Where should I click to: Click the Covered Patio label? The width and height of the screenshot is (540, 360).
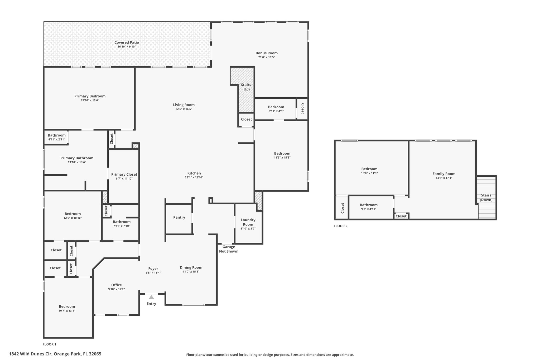(127, 42)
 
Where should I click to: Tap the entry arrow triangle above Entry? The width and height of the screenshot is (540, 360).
(151, 297)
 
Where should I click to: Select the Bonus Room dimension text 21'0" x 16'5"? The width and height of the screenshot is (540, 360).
(267, 57)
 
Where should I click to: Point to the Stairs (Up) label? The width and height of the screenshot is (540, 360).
(246, 87)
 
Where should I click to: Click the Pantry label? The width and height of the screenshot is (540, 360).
(179, 217)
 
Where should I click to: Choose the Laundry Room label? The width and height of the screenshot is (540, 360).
(248, 222)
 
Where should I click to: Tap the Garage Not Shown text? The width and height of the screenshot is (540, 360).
(229, 249)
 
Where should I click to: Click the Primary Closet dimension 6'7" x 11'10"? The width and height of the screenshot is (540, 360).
(124, 179)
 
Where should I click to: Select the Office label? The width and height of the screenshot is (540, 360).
(117, 285)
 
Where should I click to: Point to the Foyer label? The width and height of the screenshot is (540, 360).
(153, 268)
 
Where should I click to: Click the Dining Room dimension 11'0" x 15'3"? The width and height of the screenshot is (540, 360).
(191, 272)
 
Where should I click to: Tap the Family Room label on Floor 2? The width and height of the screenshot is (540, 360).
(444, 174)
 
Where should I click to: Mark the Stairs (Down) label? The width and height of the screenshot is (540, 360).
(486, 198)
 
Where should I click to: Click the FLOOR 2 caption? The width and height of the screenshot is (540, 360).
(340, 226)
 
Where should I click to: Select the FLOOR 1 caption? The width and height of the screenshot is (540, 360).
(49, 344)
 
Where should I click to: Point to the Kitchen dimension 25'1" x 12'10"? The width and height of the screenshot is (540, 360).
(194, 177)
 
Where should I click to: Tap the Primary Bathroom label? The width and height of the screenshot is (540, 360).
(77, 158)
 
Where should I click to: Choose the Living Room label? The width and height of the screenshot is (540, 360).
(184, 105)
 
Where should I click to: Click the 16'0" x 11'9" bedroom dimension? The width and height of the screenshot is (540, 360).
(369, 173)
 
